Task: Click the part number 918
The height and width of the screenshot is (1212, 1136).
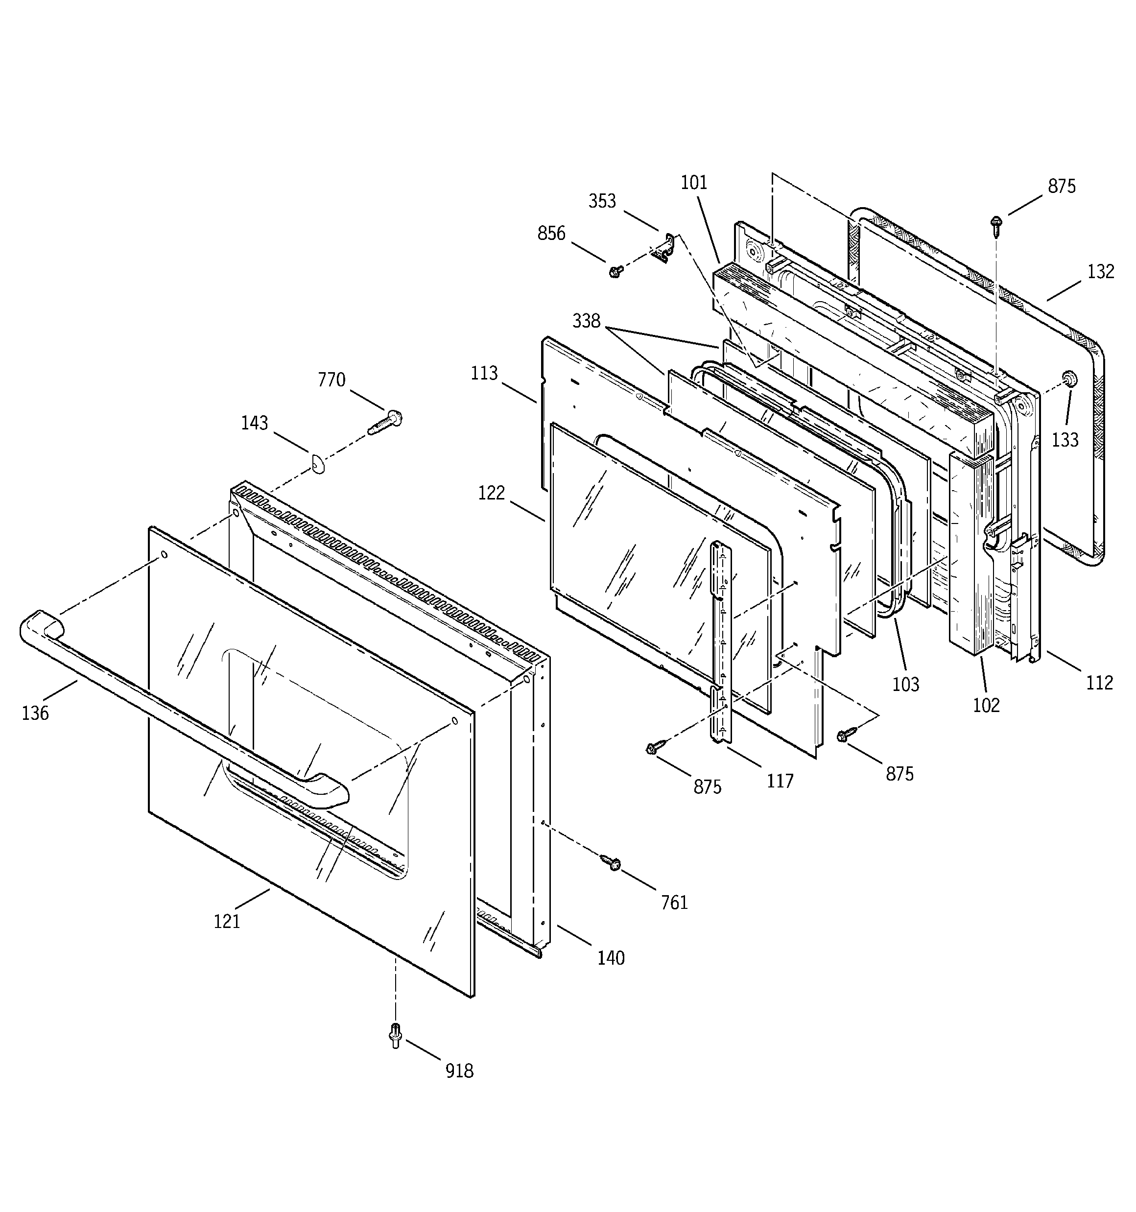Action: (458, 1070)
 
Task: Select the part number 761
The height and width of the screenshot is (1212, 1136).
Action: (674, 903)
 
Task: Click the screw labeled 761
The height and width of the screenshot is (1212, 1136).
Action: (611, 862)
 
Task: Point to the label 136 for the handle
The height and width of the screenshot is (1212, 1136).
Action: (35, 713)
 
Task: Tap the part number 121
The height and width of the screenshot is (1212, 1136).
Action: (227, 921)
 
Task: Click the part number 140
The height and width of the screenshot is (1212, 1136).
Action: (611, 958)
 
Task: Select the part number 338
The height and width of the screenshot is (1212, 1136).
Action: (587, 321)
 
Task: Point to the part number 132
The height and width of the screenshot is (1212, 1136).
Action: (1101, 271)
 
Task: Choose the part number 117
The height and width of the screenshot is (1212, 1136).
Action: (780, 781)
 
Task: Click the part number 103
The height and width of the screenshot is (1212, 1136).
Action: (905, 684)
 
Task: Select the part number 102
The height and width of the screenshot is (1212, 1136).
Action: (986, 705)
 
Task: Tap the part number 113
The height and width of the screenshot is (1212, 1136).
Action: (484, 373)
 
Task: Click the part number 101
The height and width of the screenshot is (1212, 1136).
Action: (694, 183)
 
